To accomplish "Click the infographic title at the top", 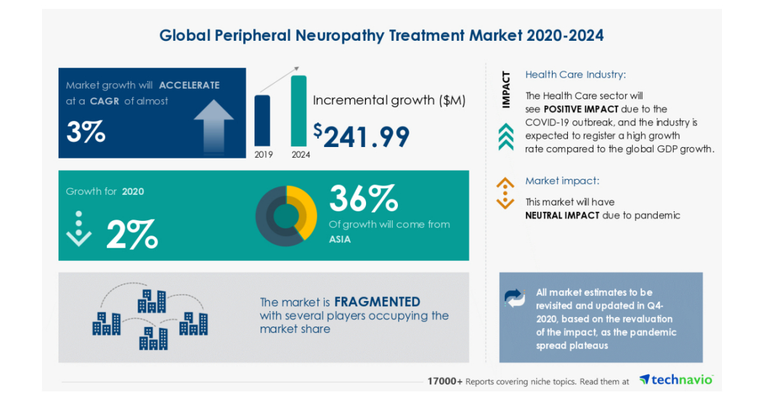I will [381, 35].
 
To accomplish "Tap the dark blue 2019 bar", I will [262, 120].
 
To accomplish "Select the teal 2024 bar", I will [299, 111].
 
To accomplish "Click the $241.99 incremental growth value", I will [361, 135].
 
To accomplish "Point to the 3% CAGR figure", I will [86, 132].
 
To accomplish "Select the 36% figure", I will [363, 199].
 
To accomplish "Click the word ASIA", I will [340, 239].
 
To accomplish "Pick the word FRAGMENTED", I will [377, 302].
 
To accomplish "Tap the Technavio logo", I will [676, 380].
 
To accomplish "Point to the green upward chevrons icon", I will [506, 137].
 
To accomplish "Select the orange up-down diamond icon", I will [505, 193].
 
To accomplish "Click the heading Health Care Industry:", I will [575, 75].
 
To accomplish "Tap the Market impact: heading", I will [562, 181].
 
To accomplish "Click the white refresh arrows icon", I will [515, 298].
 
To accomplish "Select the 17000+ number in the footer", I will [444, 381].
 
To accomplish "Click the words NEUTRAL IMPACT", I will [562, 215].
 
